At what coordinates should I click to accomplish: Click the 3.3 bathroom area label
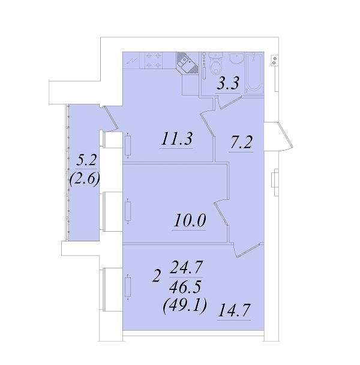coord(228,83)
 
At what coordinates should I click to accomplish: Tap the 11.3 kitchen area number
coord(177,139)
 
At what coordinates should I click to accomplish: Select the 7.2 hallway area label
coord(241,142)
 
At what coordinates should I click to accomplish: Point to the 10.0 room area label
coord(190,220)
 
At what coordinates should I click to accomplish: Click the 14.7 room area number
coord(234,310)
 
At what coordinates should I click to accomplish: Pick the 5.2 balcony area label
coord(86,160)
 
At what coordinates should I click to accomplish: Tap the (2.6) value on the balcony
coord(85,179)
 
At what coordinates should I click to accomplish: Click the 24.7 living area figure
coord(187,268)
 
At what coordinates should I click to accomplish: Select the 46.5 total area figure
coord(185,287)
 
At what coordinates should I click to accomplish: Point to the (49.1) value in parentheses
coord(185,306)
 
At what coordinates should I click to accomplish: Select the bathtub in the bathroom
coord(254,73)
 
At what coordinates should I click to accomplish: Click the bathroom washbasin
coord(236,58)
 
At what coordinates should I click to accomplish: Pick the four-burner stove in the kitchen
coord(154,60)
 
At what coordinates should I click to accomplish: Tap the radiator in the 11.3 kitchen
coord(128,146)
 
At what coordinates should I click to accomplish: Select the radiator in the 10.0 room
coord(128,211)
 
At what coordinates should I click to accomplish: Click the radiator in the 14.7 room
coord(128,287)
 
